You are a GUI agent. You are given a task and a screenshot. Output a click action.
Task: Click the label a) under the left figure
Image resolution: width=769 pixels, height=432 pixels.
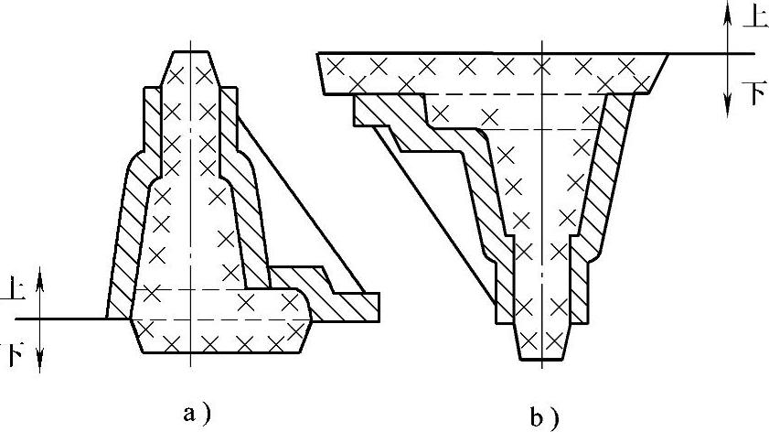point(197,413)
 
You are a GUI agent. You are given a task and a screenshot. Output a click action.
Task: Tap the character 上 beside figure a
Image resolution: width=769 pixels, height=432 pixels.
point(16,290)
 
